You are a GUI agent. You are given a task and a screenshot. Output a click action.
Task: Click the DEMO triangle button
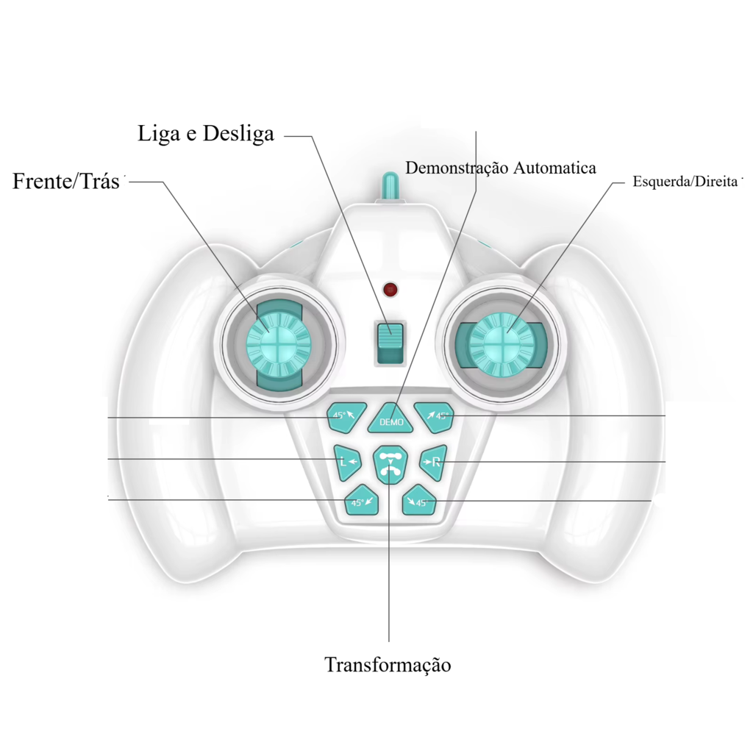tap(390, 418)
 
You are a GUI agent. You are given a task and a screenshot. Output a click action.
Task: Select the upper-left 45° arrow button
tap(346, 416)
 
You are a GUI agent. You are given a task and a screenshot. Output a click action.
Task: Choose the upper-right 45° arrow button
tap(435, 416)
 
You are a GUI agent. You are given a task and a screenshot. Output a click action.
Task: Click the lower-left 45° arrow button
tap(362, 500)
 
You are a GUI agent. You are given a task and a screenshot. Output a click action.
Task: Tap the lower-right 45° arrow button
tap(418, 500)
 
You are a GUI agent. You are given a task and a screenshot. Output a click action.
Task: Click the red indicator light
tap(390, 290)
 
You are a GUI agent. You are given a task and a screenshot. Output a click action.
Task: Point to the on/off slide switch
tap(390, 343)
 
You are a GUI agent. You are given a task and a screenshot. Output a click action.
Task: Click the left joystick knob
tap(279, 344)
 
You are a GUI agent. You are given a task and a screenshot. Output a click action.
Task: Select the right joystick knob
tap(502, 344)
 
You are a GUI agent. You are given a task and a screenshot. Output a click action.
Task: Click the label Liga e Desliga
tap(206, 134)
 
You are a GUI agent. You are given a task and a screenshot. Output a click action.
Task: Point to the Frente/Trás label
tap(65, 181)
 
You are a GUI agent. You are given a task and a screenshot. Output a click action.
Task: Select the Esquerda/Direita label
tap(685, 182)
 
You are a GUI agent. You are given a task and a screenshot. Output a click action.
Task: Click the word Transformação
tap(388, 665)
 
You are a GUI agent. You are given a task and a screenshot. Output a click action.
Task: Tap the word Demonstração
tap(456, 168)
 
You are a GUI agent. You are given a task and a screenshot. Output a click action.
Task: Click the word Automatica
tap(554, 168)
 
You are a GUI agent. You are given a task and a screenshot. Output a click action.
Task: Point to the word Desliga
tap(239, 134)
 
